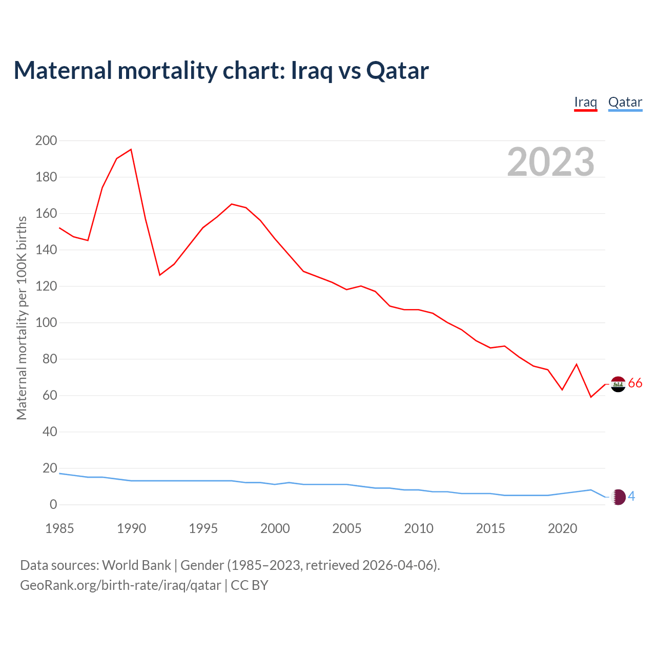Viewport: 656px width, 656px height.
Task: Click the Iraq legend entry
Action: click(585, 102)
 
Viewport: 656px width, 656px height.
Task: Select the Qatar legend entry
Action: click(625, 102)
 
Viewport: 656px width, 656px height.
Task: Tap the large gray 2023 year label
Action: click(550, 162)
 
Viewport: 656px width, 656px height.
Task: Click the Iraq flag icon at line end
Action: click(619, 384)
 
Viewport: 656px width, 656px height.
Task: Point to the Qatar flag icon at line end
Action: click(619, 497)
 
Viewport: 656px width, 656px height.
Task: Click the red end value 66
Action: click(635, 383)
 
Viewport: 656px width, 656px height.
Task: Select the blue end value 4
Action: click(631, 496)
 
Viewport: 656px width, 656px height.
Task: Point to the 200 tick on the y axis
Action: click(46, 140)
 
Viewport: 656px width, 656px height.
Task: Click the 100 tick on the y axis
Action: click(46, 323)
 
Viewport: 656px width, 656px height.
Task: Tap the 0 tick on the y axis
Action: click(53, 505)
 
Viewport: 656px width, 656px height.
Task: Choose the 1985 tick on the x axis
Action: click(59, 528)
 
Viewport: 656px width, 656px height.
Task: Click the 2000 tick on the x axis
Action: click(275, 528)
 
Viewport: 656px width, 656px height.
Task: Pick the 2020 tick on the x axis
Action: click(562, 528)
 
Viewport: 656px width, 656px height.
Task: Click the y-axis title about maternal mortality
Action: click(22, 318)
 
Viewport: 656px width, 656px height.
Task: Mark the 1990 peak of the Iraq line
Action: click(131, 150)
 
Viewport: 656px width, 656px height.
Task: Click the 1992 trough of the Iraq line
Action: click(160, 275)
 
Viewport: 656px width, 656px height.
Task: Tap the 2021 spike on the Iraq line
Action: click(577, 364)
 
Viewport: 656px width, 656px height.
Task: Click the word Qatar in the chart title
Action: click(398, 71)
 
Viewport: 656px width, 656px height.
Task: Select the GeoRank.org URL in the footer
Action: click(120, 585)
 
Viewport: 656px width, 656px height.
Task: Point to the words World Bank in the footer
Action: click(136, 565)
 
